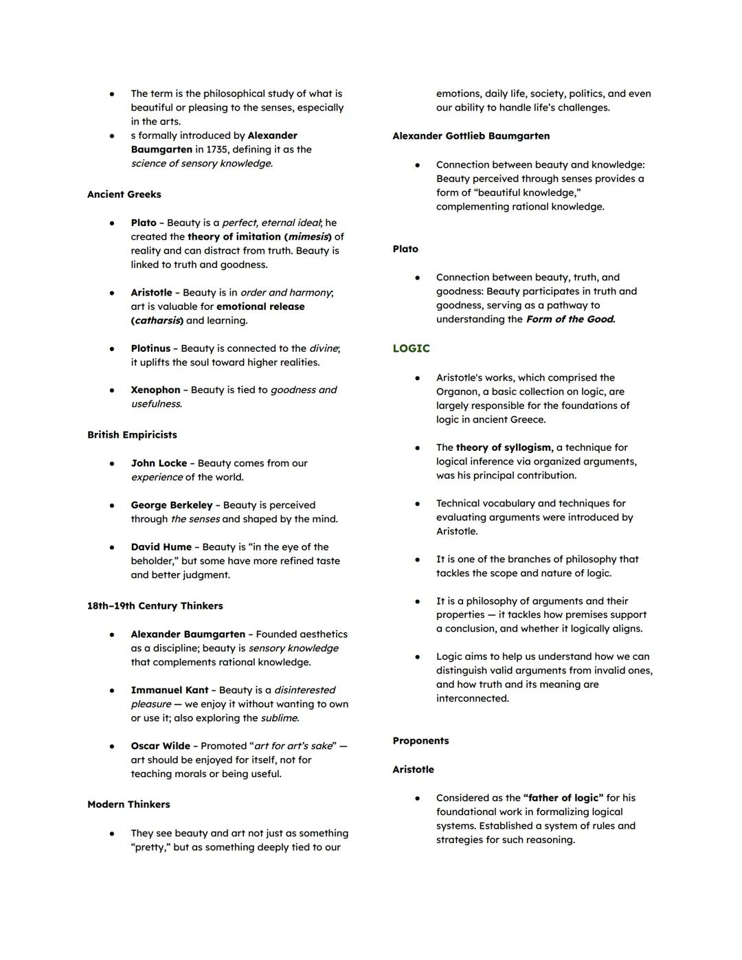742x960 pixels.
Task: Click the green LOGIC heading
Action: [x=411, y=348]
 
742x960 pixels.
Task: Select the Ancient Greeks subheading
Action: [x=124, y=194]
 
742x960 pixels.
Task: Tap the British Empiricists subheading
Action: [x=132, y=435]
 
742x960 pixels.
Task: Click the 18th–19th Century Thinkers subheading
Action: [x=155, y=606]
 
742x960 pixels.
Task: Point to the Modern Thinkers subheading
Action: [x=128, y=805]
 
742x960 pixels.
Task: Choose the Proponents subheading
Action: [x=420, y=741]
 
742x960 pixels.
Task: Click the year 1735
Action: [x=219, y=149]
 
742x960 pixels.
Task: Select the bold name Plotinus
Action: [x=150, y=348]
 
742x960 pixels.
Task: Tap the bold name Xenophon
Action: [x=155, y=390]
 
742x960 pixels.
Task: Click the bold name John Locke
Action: [x=159, y=463]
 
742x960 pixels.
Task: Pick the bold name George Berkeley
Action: [x=172, y=505]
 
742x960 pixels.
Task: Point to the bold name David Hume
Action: [x=161, y=547]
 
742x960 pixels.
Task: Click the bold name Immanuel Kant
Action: [x=170, y=690]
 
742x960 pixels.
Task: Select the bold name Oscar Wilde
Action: [x=160, y=746]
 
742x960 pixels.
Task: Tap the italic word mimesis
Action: [x=308, y=236]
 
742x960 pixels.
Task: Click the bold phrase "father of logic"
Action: [x=563, y=798]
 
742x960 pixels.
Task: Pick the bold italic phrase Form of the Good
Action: [x=570, y=319]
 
